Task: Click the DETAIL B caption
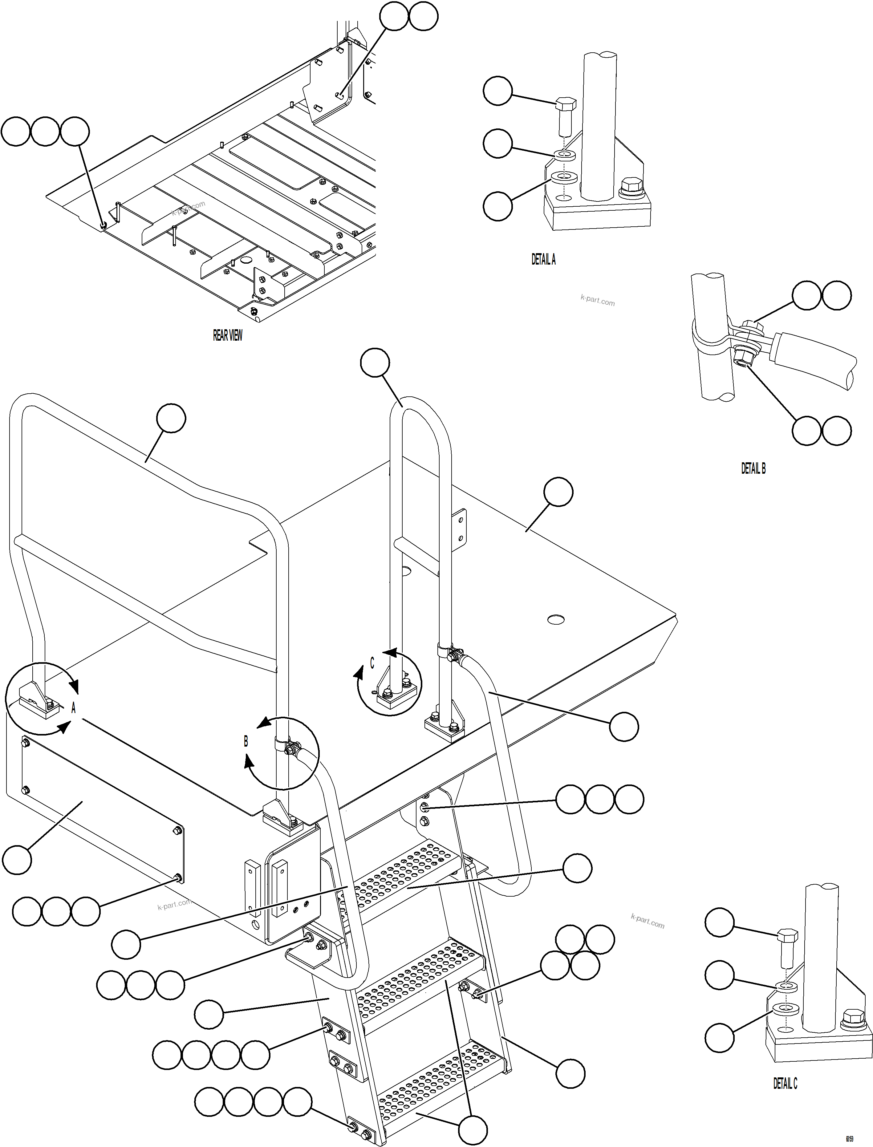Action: point(753,468)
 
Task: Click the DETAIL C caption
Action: point(785,1083)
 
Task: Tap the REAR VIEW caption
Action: point(228,335)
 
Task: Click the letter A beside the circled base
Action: point(73,708)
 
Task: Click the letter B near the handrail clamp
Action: point(246,741)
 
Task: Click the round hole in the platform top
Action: point(556,619)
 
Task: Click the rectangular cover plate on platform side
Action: point(99,810)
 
